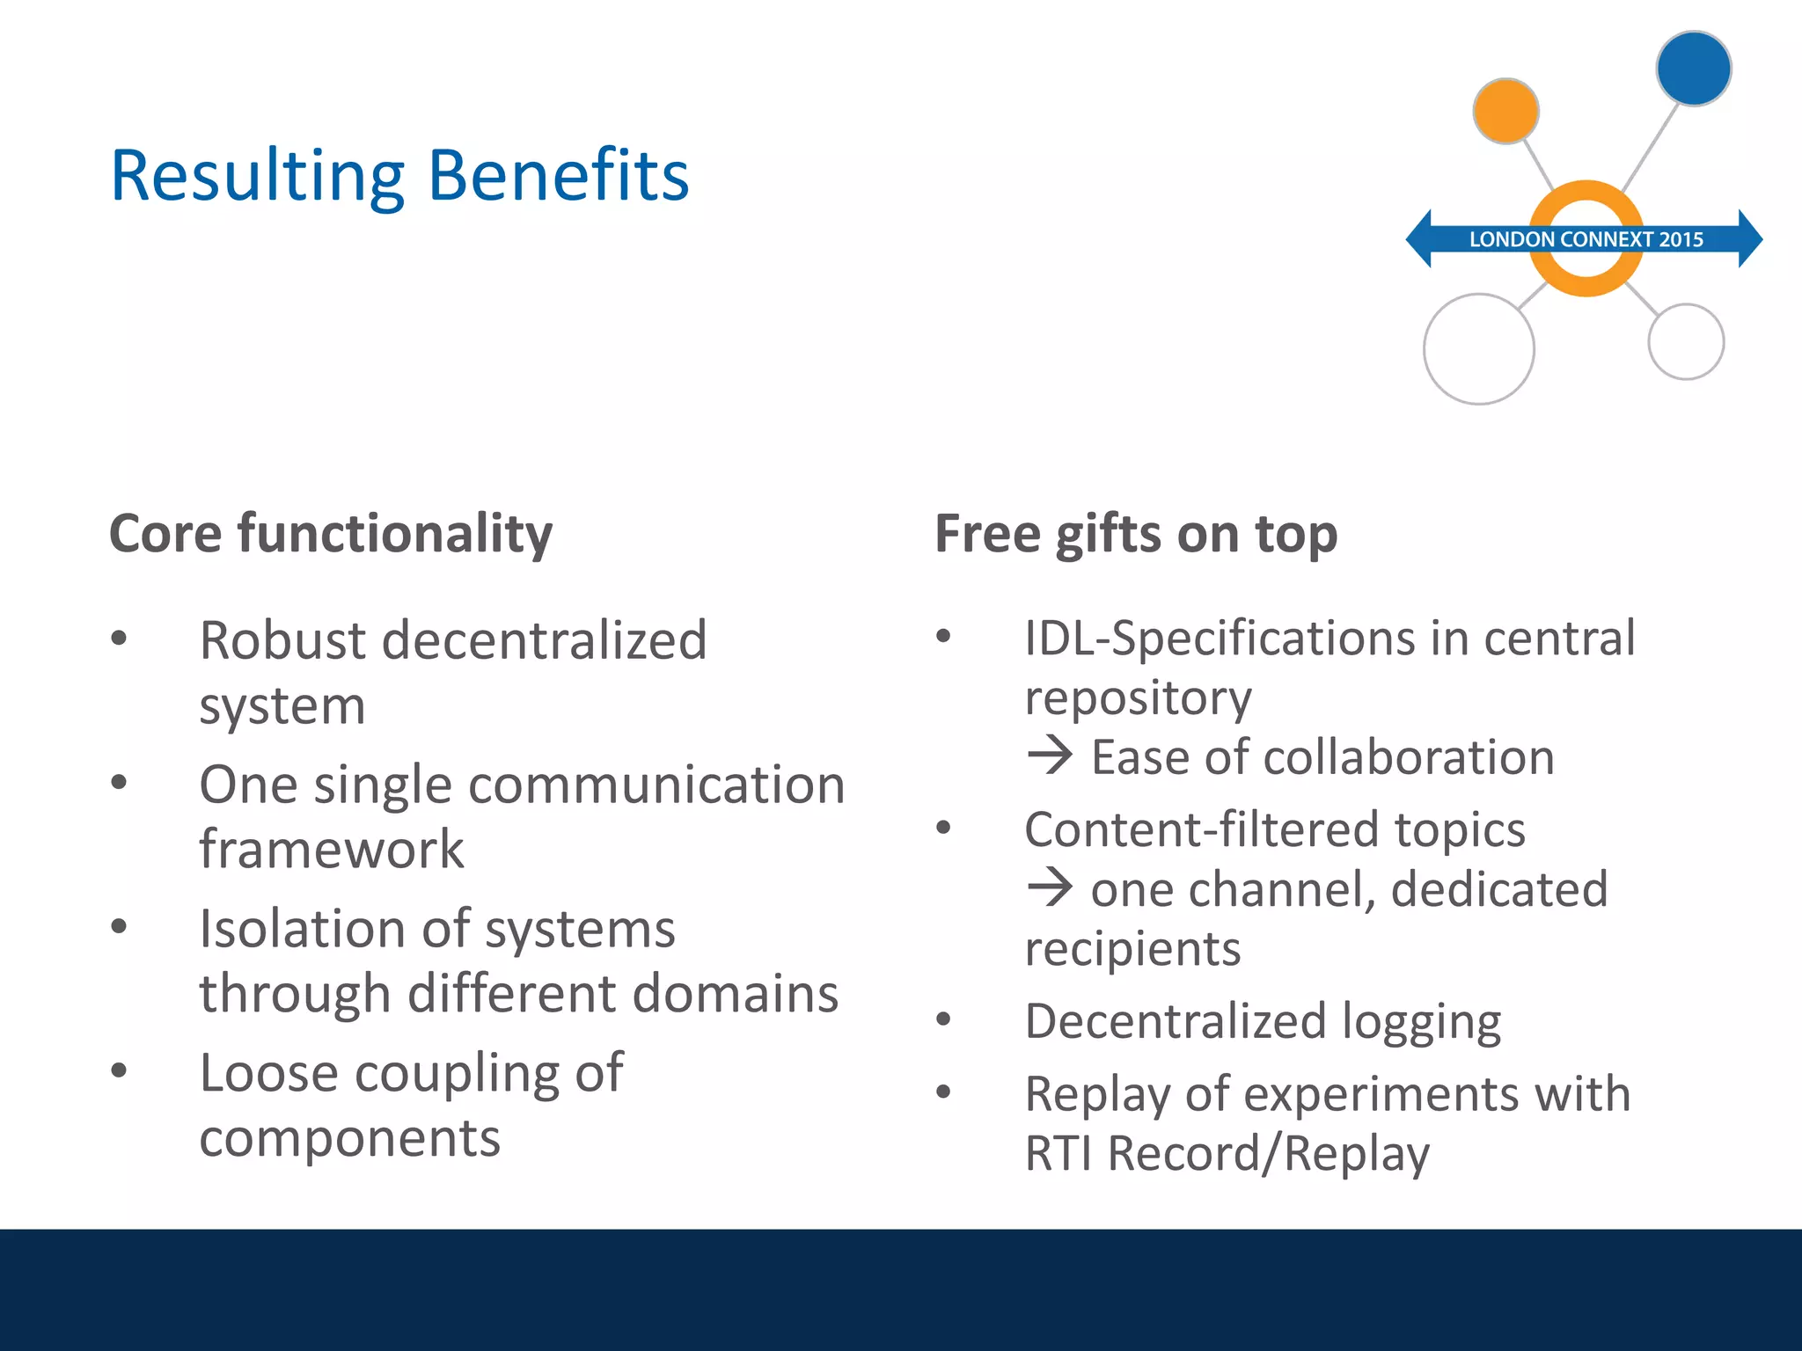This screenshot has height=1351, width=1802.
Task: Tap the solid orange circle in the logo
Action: tap(1505, 112)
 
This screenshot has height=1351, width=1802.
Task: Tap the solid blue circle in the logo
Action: tap(1693, 69)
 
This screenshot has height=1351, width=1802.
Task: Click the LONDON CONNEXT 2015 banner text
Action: tap(1586, 239)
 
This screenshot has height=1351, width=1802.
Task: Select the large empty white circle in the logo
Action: tap(1479, 349)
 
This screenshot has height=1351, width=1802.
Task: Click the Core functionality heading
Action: tap(331, 534)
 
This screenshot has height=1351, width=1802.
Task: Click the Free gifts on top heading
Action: tap(1136, 534)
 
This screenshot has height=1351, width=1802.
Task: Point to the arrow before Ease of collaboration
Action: tap(1050, 756)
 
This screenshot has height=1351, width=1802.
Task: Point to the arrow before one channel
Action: tap(1050, 887)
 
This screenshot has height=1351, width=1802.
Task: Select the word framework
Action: tap(332, 849)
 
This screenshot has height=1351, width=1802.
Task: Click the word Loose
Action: tap(268, 1073)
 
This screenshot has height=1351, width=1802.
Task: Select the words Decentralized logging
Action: tap(1263, 1021)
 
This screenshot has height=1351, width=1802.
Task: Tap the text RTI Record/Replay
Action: tap(1227, 1153)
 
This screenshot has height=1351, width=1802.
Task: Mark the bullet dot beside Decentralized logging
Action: tap(943, 1019)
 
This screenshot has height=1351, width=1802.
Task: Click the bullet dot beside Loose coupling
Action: tap(119, 1070)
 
